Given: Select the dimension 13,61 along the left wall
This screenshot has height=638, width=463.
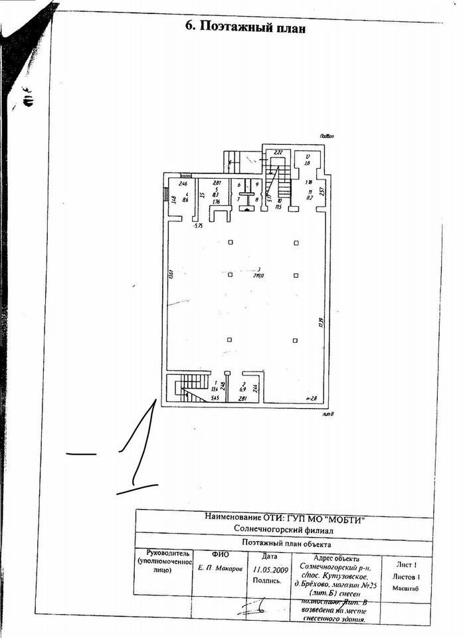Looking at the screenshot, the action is tap(171, 274).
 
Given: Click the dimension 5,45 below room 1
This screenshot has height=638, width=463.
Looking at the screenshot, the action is tap(215, 397).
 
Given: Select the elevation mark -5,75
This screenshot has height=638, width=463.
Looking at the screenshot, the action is tap(197, 227).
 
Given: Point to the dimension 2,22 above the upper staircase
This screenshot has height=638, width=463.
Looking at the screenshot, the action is tap(279, 153).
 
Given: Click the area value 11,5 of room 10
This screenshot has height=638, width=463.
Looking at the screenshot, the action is tap(279, 207).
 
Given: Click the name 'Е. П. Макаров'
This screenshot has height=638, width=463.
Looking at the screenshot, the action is tap(220, 569).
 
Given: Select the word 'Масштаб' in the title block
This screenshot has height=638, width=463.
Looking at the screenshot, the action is tap(405, 589).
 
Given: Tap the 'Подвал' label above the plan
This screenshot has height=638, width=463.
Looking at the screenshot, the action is tap(325, 136).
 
